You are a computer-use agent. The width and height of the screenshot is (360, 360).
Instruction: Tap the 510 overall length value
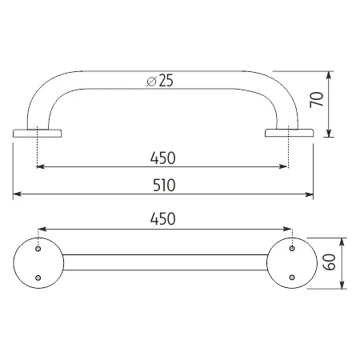[162, 183]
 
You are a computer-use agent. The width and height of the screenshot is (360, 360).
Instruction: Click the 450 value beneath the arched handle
[162, 156]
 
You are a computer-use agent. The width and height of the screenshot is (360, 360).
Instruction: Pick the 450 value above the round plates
[162, 218]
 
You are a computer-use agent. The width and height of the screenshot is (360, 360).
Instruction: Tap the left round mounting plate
[37, 262]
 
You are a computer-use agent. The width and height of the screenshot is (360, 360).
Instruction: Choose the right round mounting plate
[291, 262]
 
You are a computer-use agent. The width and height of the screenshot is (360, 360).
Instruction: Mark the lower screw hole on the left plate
[38, 277]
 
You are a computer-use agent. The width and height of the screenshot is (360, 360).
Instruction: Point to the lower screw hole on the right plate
[292, 277]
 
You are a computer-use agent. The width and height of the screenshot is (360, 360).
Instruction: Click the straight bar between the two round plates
[164, 262]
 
